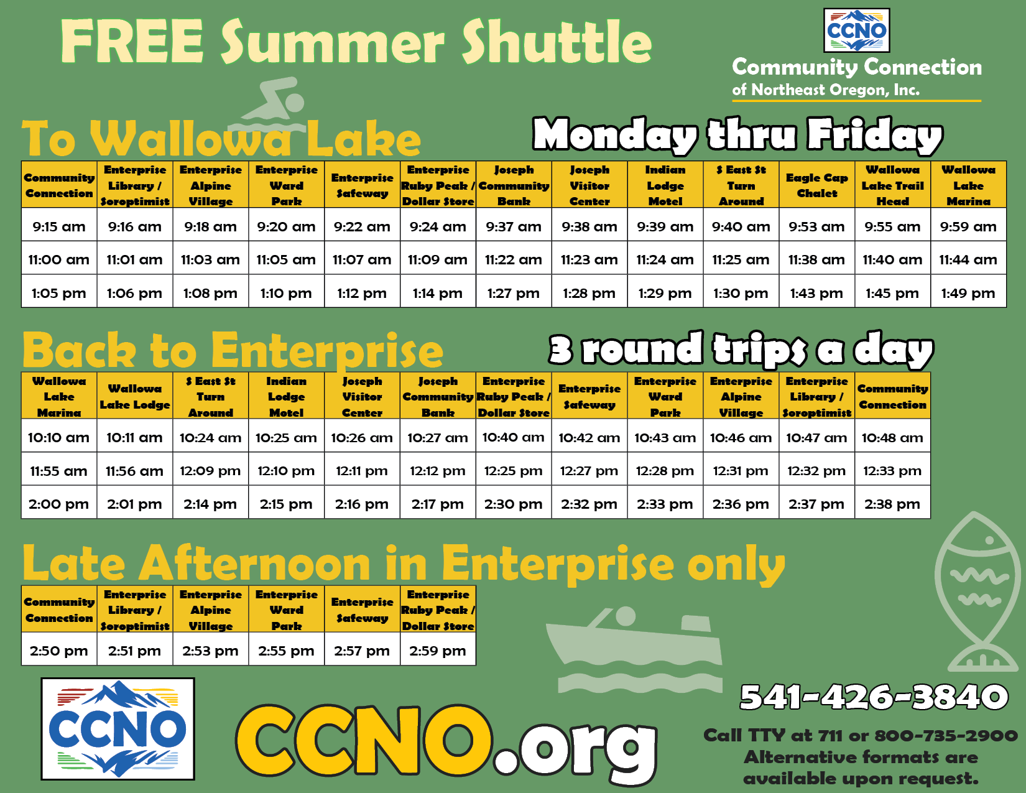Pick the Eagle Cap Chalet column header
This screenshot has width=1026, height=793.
click(816, 185)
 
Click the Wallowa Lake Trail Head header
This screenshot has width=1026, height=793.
click(892, 185)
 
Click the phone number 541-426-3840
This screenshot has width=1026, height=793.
click(874, 697)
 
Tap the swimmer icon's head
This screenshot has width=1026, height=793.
click(295, 102)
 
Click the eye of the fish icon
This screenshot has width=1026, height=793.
click(990, 540)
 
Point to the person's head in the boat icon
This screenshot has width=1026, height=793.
click(626, 616)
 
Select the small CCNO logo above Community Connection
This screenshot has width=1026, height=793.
click(856, 30)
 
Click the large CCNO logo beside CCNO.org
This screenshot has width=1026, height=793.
click(118, 729)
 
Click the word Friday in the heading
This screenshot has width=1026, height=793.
click(874, 135)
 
